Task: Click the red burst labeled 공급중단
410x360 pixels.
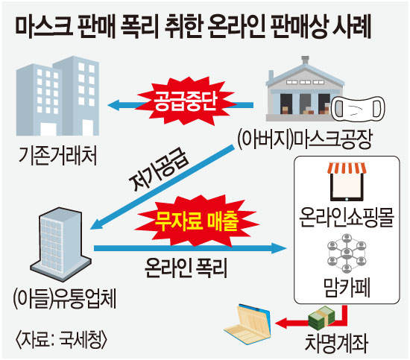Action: (186, 101)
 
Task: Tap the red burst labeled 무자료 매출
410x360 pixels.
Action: (197, 221)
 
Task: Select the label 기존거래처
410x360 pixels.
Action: (58, 156)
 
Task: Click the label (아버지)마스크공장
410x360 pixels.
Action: (305, 139)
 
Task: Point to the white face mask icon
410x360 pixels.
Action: (358, 108)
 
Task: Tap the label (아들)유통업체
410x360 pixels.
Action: (64, 299)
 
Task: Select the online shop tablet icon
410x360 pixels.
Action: (347, 182)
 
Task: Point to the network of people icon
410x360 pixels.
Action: (347, 253)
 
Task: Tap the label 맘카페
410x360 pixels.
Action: (347, 288)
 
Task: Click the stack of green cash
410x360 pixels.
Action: (321, 318)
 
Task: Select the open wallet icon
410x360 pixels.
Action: (247, 324)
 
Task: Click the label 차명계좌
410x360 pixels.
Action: (336, 342)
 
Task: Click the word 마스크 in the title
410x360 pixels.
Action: (44, 27)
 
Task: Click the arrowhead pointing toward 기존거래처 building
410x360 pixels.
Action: (113, 105)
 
